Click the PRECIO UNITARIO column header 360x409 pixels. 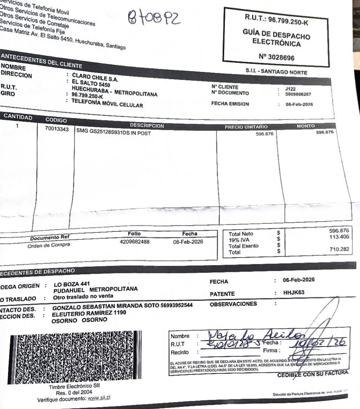[x=246, y=126]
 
